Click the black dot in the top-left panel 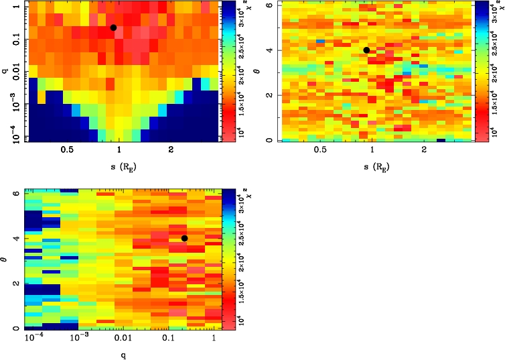click(113, 27)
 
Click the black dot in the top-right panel click(366, 50)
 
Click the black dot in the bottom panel click(184, 238)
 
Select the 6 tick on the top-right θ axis click(268, 5)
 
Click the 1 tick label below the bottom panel click(213, 340)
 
